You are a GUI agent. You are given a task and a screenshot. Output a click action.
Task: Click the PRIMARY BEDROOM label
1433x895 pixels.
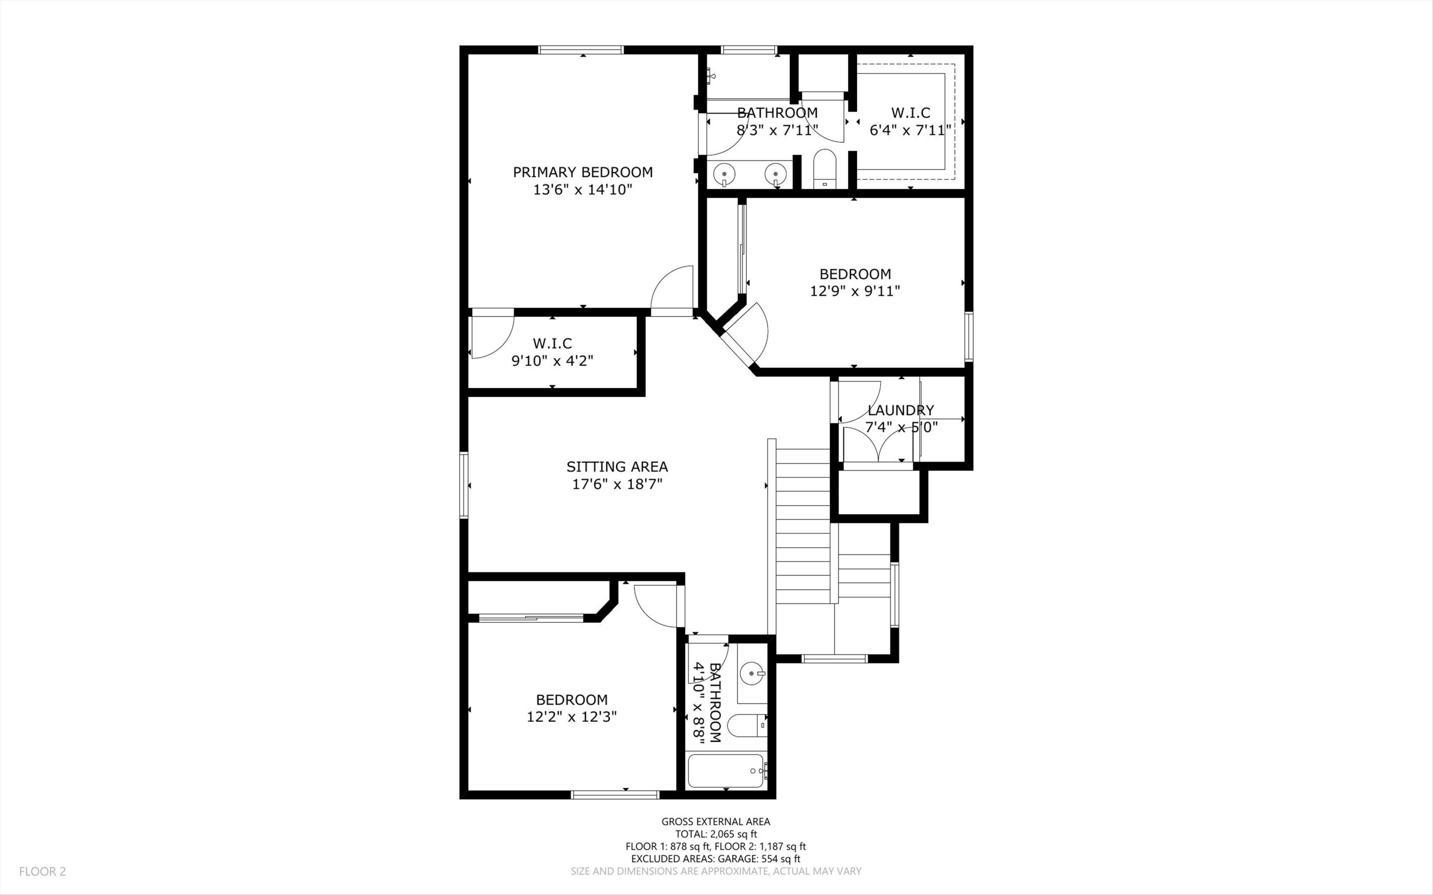tap(582, 172)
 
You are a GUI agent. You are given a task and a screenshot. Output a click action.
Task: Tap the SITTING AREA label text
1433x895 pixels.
tap(617, 467)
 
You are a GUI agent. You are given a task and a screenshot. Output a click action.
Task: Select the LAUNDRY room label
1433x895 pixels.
tap(901, 410)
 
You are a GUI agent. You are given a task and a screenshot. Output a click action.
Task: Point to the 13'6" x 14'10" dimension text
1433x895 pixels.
tap(582, 190)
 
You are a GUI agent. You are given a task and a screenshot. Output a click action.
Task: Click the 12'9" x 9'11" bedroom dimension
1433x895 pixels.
tap(855, 291)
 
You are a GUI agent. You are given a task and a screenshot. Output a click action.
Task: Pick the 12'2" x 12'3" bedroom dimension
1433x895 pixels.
tap(572, 717)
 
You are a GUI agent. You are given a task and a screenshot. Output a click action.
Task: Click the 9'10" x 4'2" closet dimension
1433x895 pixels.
tap(552, 361)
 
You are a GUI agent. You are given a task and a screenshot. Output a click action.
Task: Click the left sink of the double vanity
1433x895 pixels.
tap(723, 174)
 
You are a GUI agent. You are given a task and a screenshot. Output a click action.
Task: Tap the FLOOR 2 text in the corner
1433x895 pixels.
tap(43, 871)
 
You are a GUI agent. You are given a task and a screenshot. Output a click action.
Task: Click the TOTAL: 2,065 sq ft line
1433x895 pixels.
tap(716, 834)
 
